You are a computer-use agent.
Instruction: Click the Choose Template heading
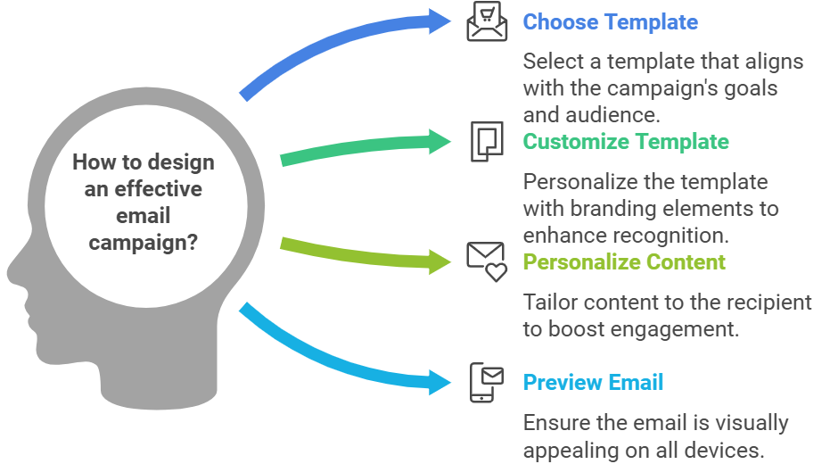pyautogui.click(x=610, y=22)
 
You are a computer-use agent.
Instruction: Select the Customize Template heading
pyautogui.click(x=625, y=142)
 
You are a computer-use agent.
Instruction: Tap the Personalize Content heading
pyautogui.click(x=623, y=262)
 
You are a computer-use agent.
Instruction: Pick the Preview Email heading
pyautogui.click(x=593, y=383)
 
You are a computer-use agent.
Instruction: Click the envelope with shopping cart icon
pyautogui.click(x=487, y=22)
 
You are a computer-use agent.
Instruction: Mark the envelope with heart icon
pyautogui.click(x=487, y=261)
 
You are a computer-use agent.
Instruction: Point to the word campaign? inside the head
pyautogui.click(x=143, y=243)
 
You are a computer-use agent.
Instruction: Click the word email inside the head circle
pyautogui.click(x=143, y=216)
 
